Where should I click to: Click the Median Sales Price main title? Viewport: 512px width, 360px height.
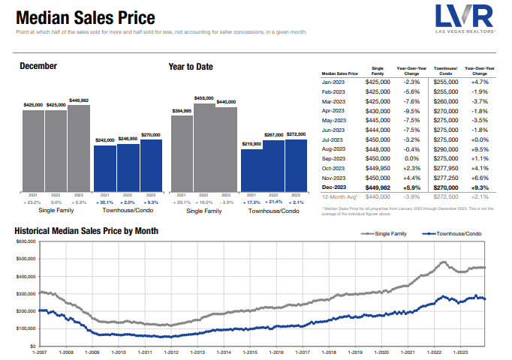coord(86,17)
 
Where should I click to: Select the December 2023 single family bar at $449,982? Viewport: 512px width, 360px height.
coord(79,148)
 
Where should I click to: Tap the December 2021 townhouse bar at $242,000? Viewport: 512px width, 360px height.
coord(104,169)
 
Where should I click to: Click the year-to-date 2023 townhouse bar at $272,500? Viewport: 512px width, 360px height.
coord(296,165)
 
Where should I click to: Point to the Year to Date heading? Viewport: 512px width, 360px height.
coord(191,67)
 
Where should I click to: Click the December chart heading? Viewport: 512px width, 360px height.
coord(38,67)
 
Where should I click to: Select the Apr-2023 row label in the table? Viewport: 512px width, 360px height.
coord(333,110)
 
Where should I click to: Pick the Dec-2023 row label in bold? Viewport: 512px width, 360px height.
coord(334,188)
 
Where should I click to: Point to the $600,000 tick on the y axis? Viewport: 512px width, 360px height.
coord(26,242)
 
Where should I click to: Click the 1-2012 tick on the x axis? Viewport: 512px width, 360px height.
coord(171,352)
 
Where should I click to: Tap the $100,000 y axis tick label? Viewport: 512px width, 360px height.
coord(26,328)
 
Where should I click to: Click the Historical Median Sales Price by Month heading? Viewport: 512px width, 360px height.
coord(86,231)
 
